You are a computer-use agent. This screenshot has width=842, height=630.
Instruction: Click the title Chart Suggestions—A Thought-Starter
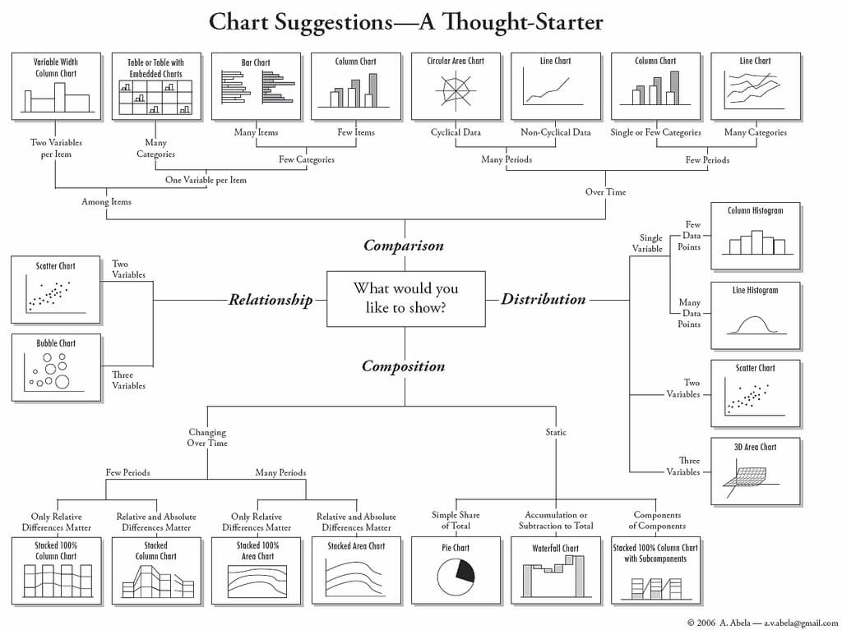[405, 22]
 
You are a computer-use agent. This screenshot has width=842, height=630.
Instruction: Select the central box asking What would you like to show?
[405, 299]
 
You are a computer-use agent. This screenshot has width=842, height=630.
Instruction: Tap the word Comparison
[403, 246]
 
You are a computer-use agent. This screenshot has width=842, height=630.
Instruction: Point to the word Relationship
[271, 300]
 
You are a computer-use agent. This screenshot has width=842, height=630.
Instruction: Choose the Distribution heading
[544, 299]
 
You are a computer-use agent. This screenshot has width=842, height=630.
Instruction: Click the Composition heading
[403, 366]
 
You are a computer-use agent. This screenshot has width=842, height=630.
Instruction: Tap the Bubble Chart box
[56, 367]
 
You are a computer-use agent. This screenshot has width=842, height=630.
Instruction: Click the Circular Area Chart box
[456, 86]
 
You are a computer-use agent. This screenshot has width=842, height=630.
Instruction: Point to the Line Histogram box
[755, 315]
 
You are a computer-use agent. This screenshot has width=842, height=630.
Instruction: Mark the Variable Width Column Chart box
[56, 86]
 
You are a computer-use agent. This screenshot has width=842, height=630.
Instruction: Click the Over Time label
[606, 192]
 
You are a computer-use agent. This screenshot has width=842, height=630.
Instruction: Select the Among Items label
[106, 201]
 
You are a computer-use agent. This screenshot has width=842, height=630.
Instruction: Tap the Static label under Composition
[556, 432]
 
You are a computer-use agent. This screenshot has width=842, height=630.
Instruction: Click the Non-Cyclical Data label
[556, 132]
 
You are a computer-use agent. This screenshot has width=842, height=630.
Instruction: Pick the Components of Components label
[657, 521]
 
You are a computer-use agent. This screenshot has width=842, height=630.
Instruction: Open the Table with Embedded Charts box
[155, 86]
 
